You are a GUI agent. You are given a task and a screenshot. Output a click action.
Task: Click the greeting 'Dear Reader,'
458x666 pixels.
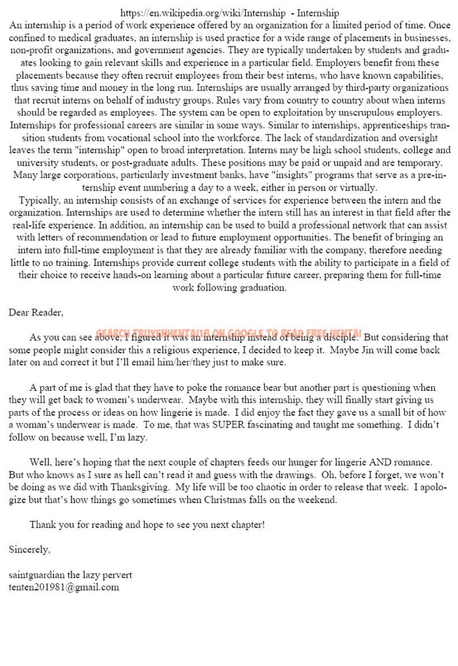36,312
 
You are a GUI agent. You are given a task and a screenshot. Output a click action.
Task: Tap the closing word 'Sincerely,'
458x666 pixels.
30,548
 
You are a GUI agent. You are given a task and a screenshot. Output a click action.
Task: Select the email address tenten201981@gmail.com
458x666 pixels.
64,587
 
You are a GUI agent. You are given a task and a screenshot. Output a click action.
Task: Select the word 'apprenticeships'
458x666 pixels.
371,125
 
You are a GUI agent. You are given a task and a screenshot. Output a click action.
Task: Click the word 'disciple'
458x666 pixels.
340,337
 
